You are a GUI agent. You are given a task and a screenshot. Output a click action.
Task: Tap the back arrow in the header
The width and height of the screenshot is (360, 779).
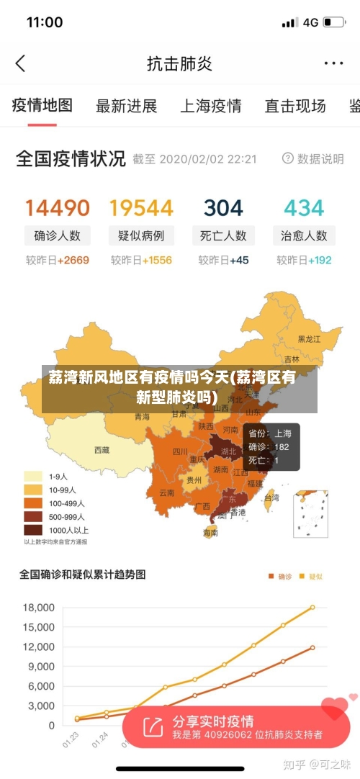point(20,63)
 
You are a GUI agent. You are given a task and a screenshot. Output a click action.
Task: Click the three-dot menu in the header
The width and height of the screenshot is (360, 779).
point(333,63)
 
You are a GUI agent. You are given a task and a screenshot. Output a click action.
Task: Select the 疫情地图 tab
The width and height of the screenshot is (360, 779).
point(42,106)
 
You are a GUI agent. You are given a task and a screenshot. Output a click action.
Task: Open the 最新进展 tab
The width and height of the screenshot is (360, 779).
point(127,107)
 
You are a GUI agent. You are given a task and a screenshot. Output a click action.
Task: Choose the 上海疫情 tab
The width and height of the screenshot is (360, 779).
point(210,107)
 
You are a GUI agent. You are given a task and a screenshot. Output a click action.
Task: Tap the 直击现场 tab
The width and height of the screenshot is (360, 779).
point(295,107)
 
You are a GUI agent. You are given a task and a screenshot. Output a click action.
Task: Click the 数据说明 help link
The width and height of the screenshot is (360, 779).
point(314,159)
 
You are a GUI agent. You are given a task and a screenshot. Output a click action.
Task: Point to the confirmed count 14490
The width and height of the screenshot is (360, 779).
point(58,208)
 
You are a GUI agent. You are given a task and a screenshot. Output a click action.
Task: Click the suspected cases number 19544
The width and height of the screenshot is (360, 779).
point(141,208)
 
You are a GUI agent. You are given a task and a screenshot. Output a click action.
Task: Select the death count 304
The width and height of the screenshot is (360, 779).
point(223,208)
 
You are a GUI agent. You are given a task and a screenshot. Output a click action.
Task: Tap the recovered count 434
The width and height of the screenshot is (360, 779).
point(304,208)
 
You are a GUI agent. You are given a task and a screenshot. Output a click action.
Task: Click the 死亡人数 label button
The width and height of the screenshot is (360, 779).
point(223,235)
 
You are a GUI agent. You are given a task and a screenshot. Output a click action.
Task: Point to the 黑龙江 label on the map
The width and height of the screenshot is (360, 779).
point(310,338)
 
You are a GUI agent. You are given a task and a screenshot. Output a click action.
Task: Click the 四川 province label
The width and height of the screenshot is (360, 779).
point(179,452)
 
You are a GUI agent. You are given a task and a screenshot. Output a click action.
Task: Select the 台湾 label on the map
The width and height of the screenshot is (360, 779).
point(271,497)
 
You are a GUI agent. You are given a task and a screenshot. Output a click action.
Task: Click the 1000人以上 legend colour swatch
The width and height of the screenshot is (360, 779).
point(33,530)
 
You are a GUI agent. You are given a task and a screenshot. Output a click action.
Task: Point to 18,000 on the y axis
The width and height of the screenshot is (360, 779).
point(38,608)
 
